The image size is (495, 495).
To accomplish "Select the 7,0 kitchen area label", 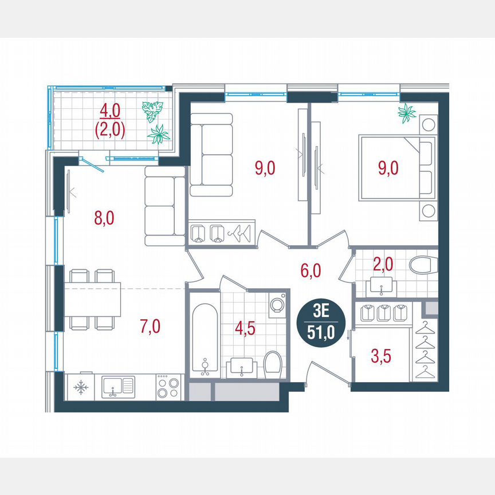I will tap(150, 327).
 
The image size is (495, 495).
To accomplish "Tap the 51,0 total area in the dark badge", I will tap(321, 332).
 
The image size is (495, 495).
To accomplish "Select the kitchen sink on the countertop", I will tap(118, 387).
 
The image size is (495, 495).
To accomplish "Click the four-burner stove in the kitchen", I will tap(168, 387).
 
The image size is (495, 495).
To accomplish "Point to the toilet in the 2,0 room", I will tap(423, 265).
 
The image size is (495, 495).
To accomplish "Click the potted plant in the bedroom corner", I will tap(407, 113).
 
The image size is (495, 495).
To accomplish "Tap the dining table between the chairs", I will tap(93, 299).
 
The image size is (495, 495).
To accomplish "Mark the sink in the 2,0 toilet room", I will tap(379, 283).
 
